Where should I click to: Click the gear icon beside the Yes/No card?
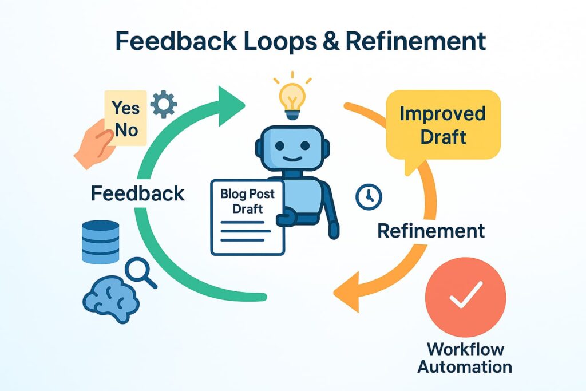click(164, 104)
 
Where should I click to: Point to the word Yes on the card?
click(126, 107)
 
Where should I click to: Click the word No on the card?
click(126, 129)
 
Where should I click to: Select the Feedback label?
click(137, 193)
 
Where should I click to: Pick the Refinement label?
click(431, 231)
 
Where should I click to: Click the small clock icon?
click(367, 196)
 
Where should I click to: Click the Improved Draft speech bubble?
click(442, 125)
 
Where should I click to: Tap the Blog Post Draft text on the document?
click(247, 200)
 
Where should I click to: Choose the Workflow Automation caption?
click(465, 357)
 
